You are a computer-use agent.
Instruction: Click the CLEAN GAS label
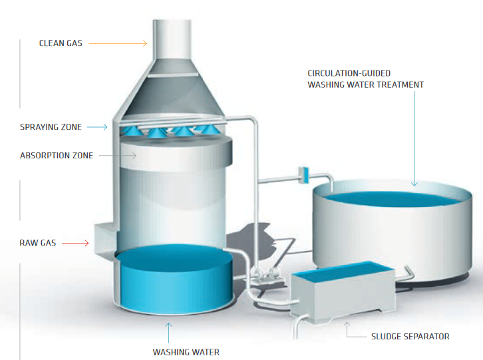[x=61, y=44]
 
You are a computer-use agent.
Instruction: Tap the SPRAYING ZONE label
[x=52, y=126]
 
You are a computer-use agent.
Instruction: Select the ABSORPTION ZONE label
[x=57, y=156]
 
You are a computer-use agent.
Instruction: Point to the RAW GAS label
[x=37, y=244]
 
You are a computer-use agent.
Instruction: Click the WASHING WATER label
[x=186, y=351]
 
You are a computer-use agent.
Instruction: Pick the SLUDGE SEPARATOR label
[x=410, y=337]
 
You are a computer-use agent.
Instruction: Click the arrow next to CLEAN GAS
[x=118, y=44]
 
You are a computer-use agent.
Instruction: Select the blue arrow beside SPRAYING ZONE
[x=97, y=126]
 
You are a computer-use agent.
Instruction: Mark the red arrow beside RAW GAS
[x=75, y=244]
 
